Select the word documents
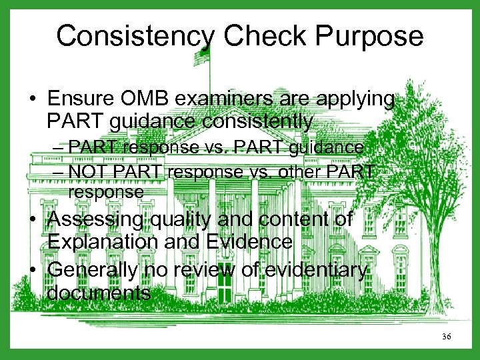[x=99, y=293]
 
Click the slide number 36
[x=446, y=337]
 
